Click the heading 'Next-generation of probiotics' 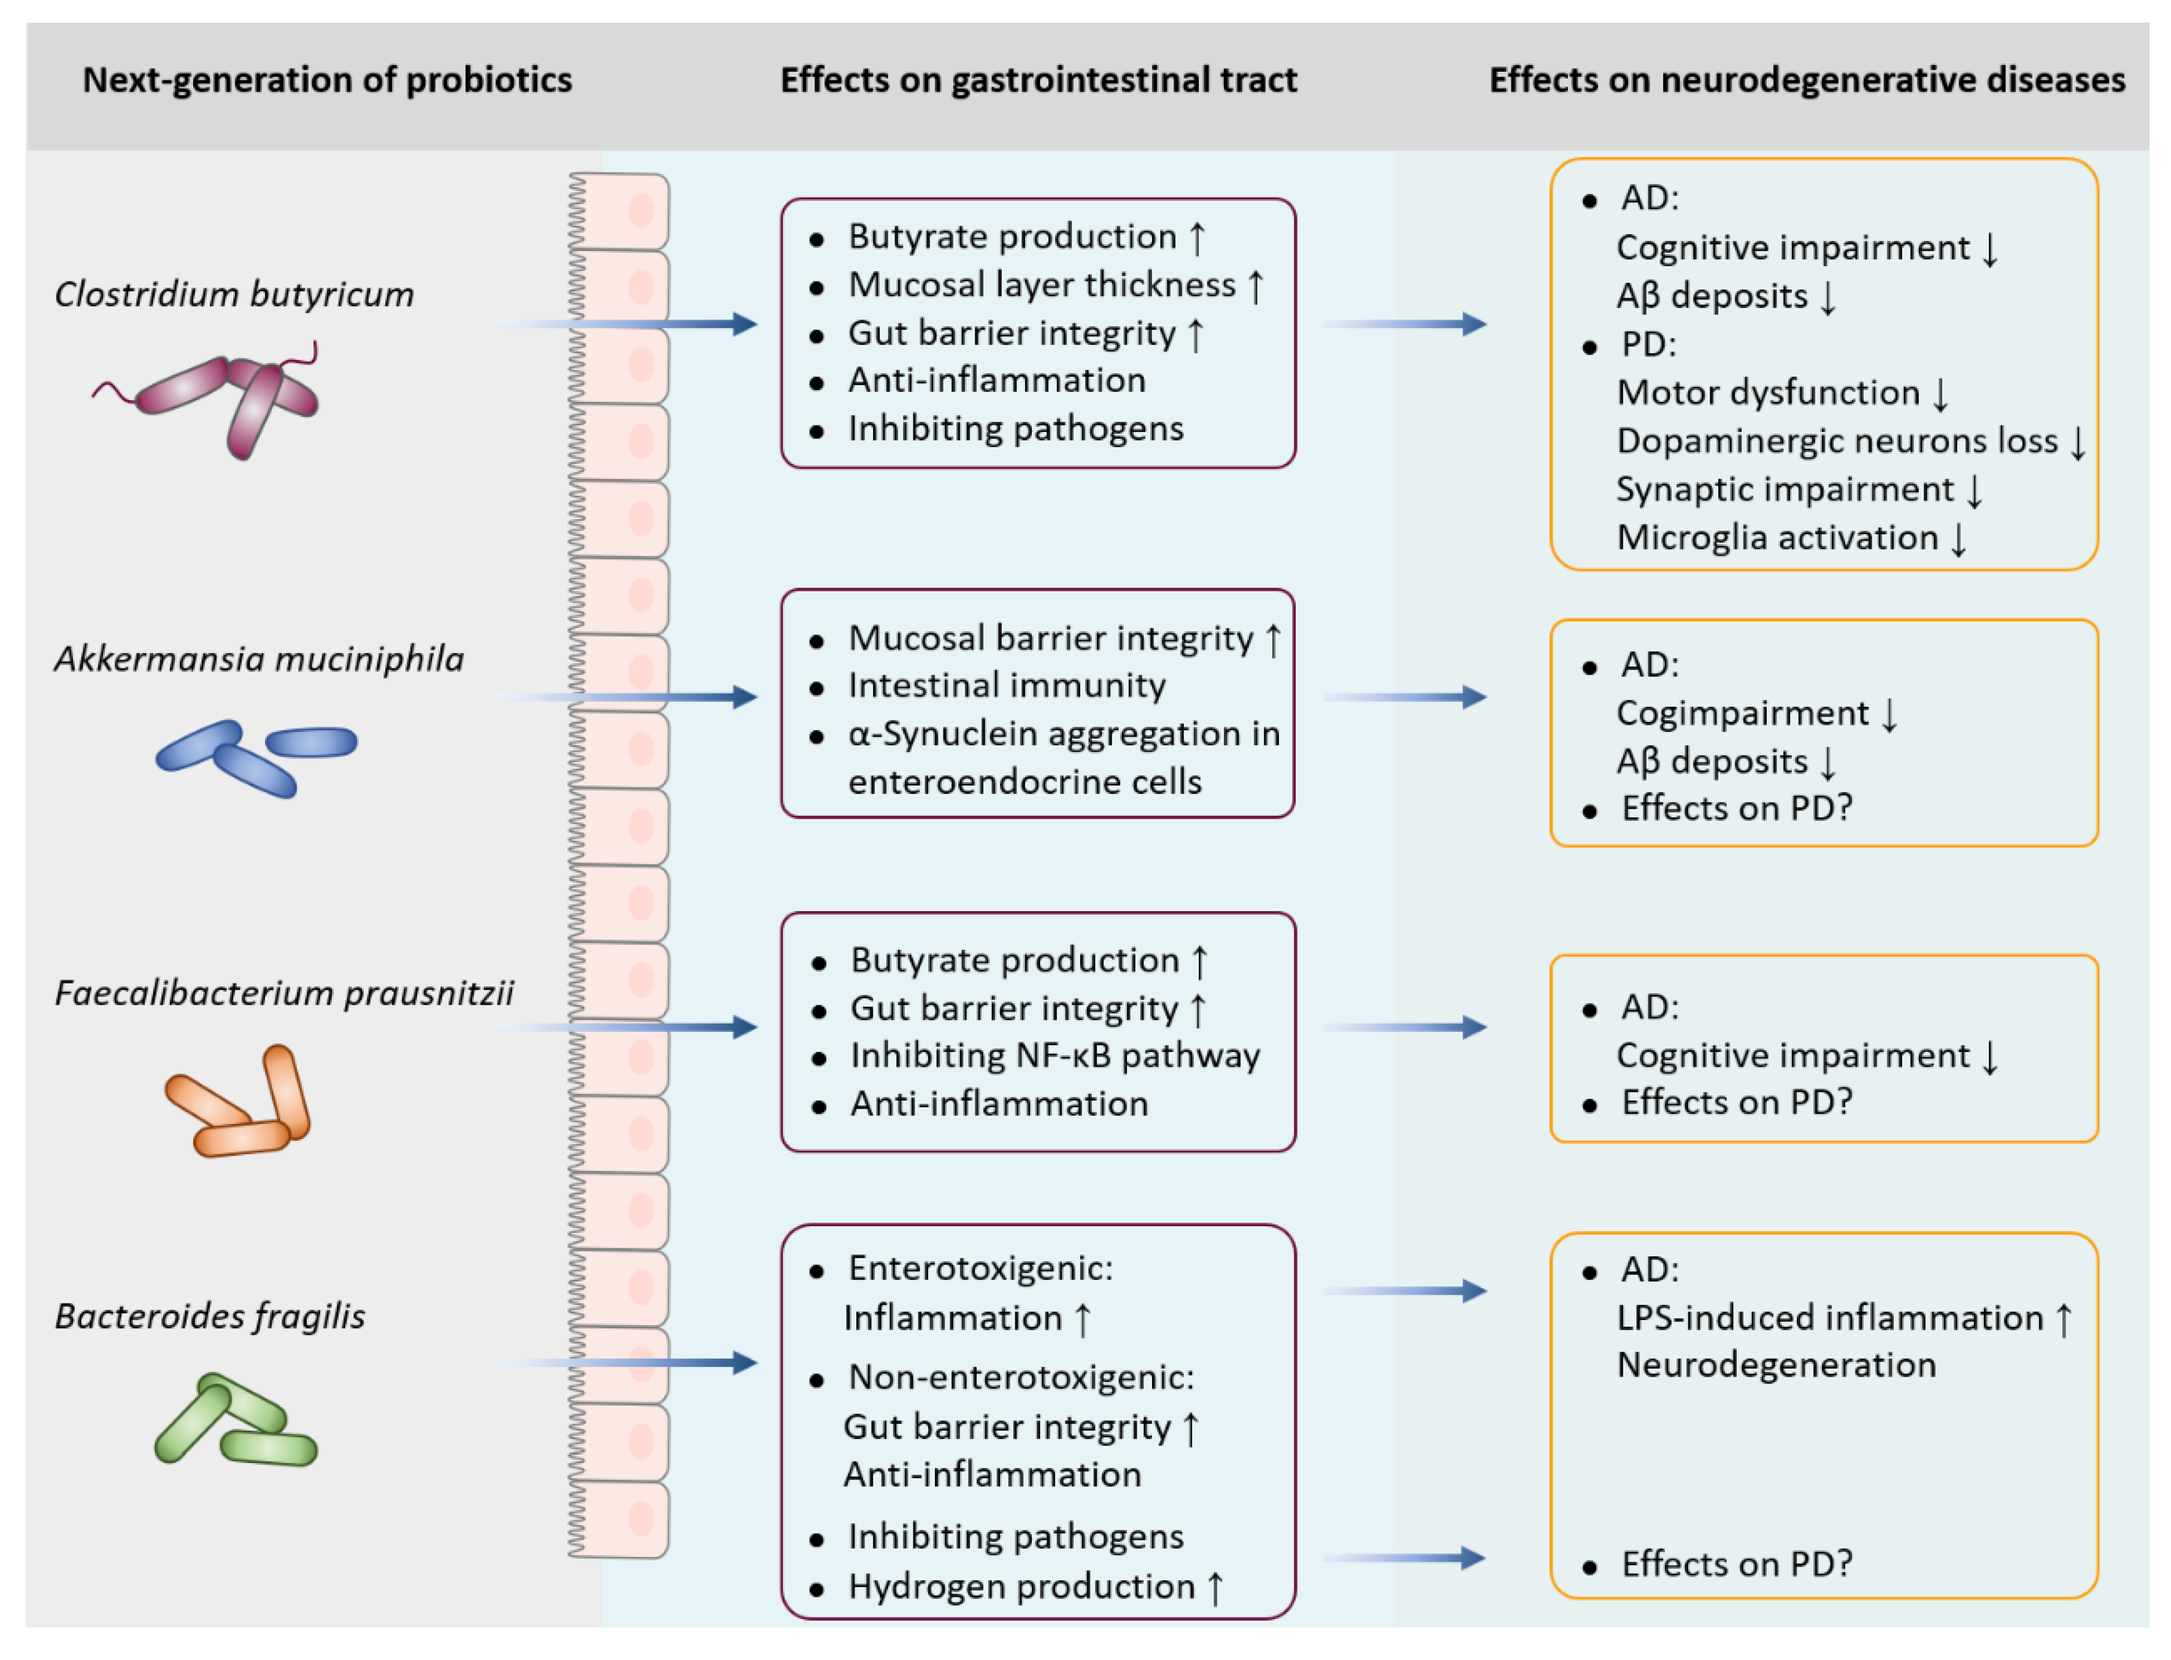point(327,80)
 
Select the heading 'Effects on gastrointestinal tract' point(1039,80)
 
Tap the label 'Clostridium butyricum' point(234,294)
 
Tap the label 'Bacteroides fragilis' point(209,1316)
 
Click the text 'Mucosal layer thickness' point(1042,285)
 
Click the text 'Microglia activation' point(1777,537)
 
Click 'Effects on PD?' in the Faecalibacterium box point(1736,1102)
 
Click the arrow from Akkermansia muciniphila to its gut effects point(632,697)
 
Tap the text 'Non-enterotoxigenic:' point(1021,1377)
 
